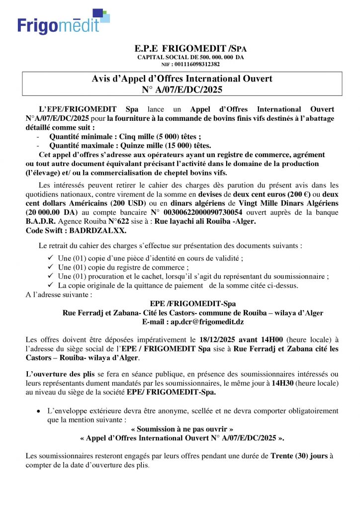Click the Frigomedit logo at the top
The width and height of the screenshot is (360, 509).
63,22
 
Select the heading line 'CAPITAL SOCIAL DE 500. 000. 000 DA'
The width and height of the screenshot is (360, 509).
190,57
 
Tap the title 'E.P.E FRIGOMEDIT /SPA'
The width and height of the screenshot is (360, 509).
190,49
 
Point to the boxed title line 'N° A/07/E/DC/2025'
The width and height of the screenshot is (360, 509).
182,89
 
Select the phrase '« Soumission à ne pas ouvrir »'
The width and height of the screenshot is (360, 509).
181,429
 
